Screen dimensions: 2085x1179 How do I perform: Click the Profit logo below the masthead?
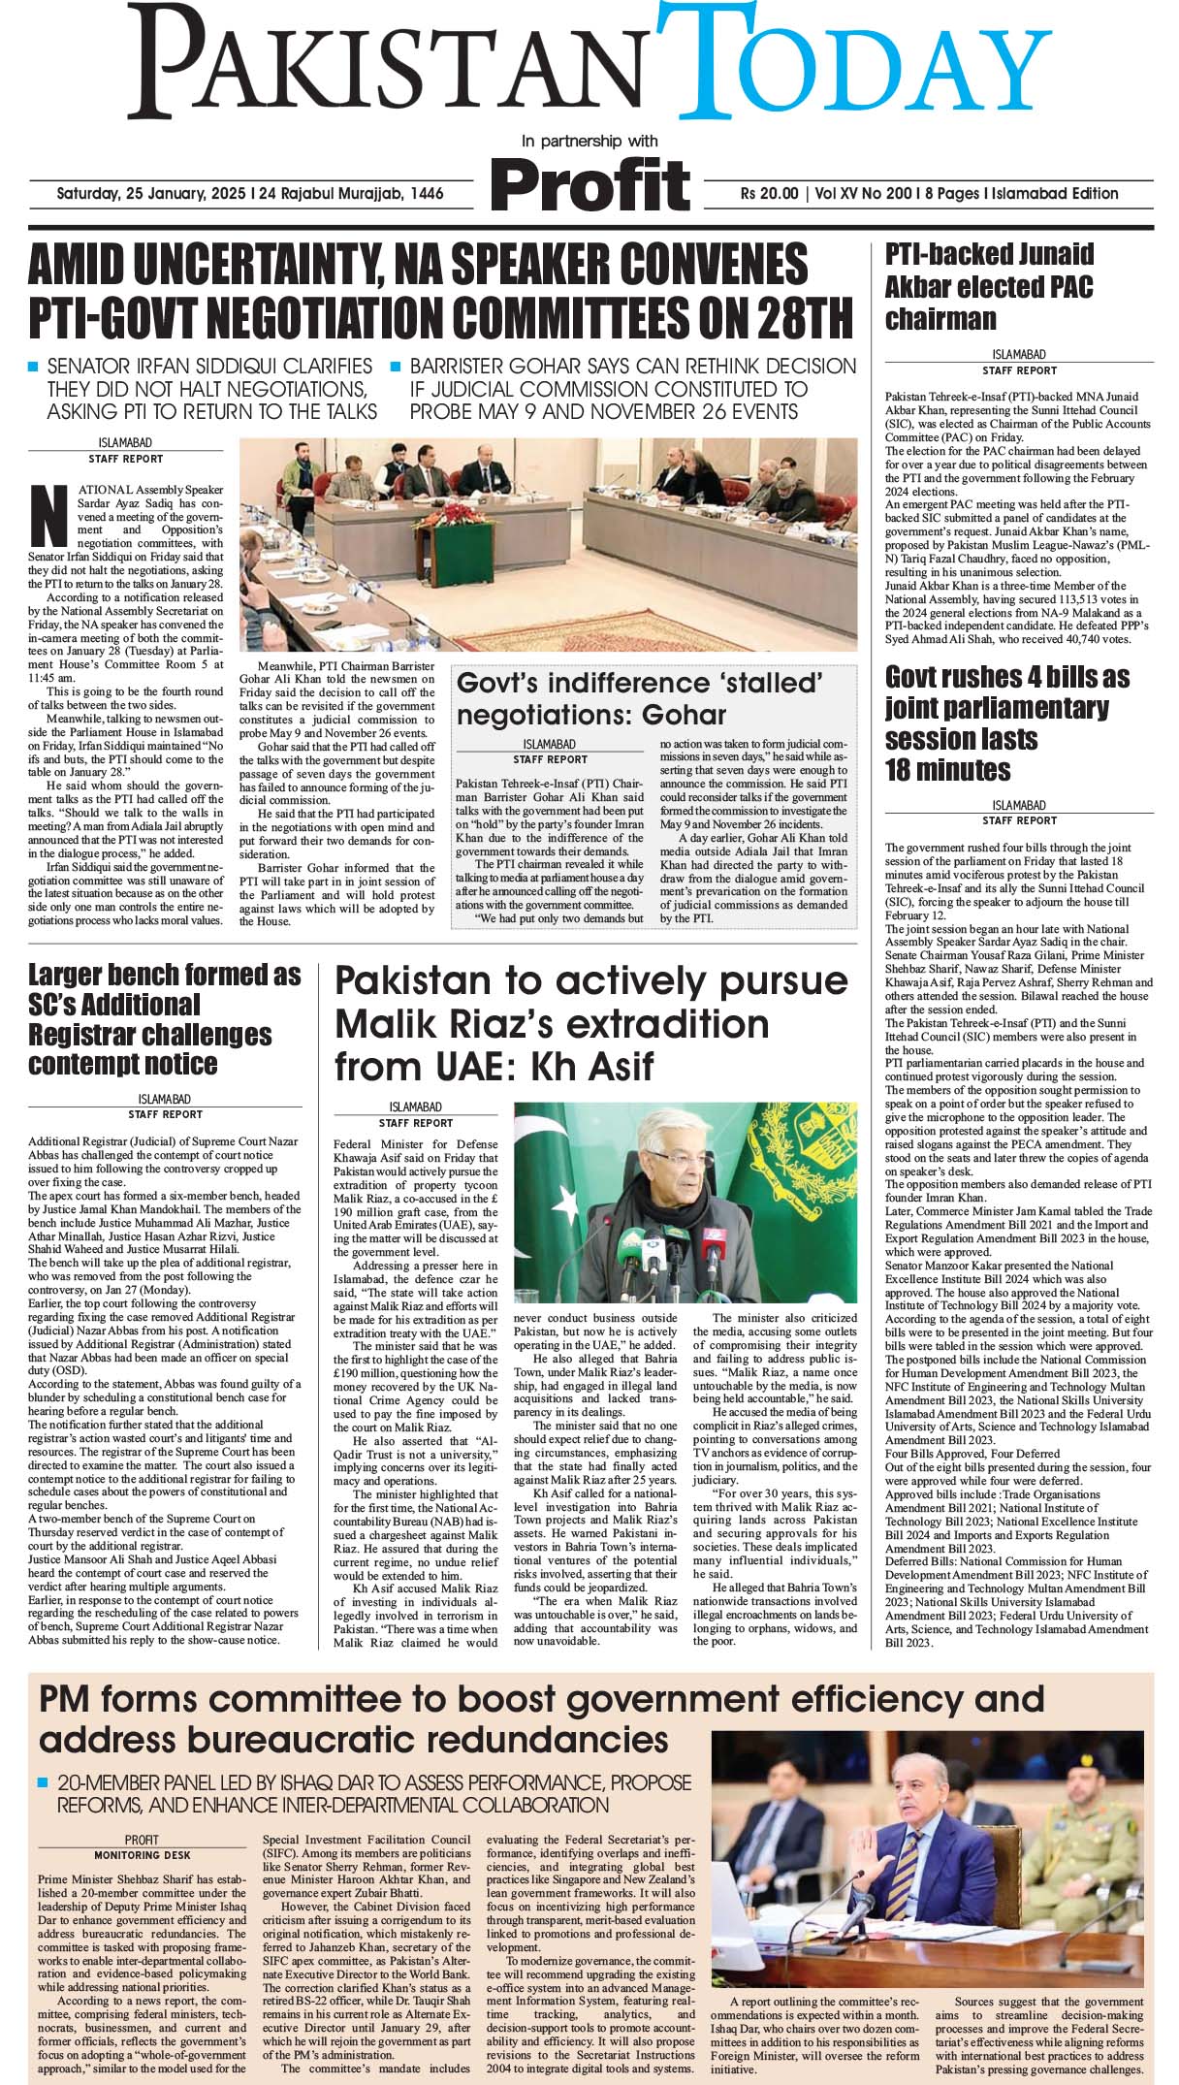click(589, 183)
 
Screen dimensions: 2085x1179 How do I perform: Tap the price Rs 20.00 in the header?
click(769, 194)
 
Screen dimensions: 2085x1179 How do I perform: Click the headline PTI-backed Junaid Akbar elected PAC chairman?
click(989, 286)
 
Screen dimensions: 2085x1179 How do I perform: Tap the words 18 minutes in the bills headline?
click(947, 771)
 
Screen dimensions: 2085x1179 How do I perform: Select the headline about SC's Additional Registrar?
click(164, 1018)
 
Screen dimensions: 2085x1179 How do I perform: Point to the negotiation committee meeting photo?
click(548, 543)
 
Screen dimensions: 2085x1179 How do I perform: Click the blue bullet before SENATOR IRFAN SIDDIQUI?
click(33, 368)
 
